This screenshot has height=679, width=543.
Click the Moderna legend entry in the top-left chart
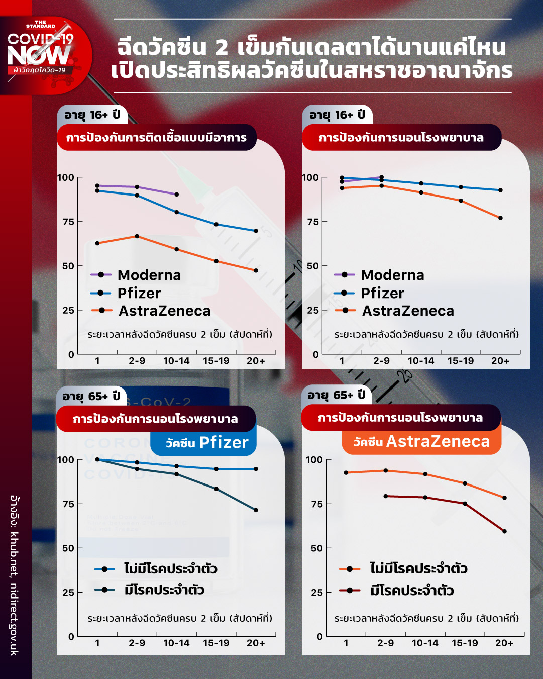[149, 275]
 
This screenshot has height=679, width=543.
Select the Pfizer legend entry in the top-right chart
[382, 293]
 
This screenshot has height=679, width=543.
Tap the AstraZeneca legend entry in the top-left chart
[164, 311]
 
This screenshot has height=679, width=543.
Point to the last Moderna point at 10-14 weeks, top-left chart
[176, 195]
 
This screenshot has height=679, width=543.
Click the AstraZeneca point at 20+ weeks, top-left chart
[256, 270]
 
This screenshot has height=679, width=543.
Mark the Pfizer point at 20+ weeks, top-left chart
[256, 231]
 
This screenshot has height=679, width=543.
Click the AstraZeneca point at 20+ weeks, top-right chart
[500, 218]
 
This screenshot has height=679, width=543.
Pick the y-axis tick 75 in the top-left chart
[68, 222]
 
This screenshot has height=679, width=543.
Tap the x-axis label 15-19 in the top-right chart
[460, 361]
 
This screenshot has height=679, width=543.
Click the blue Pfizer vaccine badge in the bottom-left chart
[203, 442]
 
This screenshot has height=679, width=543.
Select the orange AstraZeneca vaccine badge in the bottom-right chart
[421, 442]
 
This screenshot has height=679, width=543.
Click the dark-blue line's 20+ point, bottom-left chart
[256, 510]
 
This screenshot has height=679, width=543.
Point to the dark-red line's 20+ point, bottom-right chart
[504, 531]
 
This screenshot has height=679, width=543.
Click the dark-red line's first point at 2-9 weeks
[386, 496]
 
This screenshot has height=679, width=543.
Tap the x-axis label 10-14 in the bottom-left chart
[176, 643]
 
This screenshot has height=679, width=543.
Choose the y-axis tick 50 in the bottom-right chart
[316, 548]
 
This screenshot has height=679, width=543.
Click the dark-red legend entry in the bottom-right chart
[412, 590]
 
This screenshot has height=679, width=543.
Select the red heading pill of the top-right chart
[401, 138]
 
